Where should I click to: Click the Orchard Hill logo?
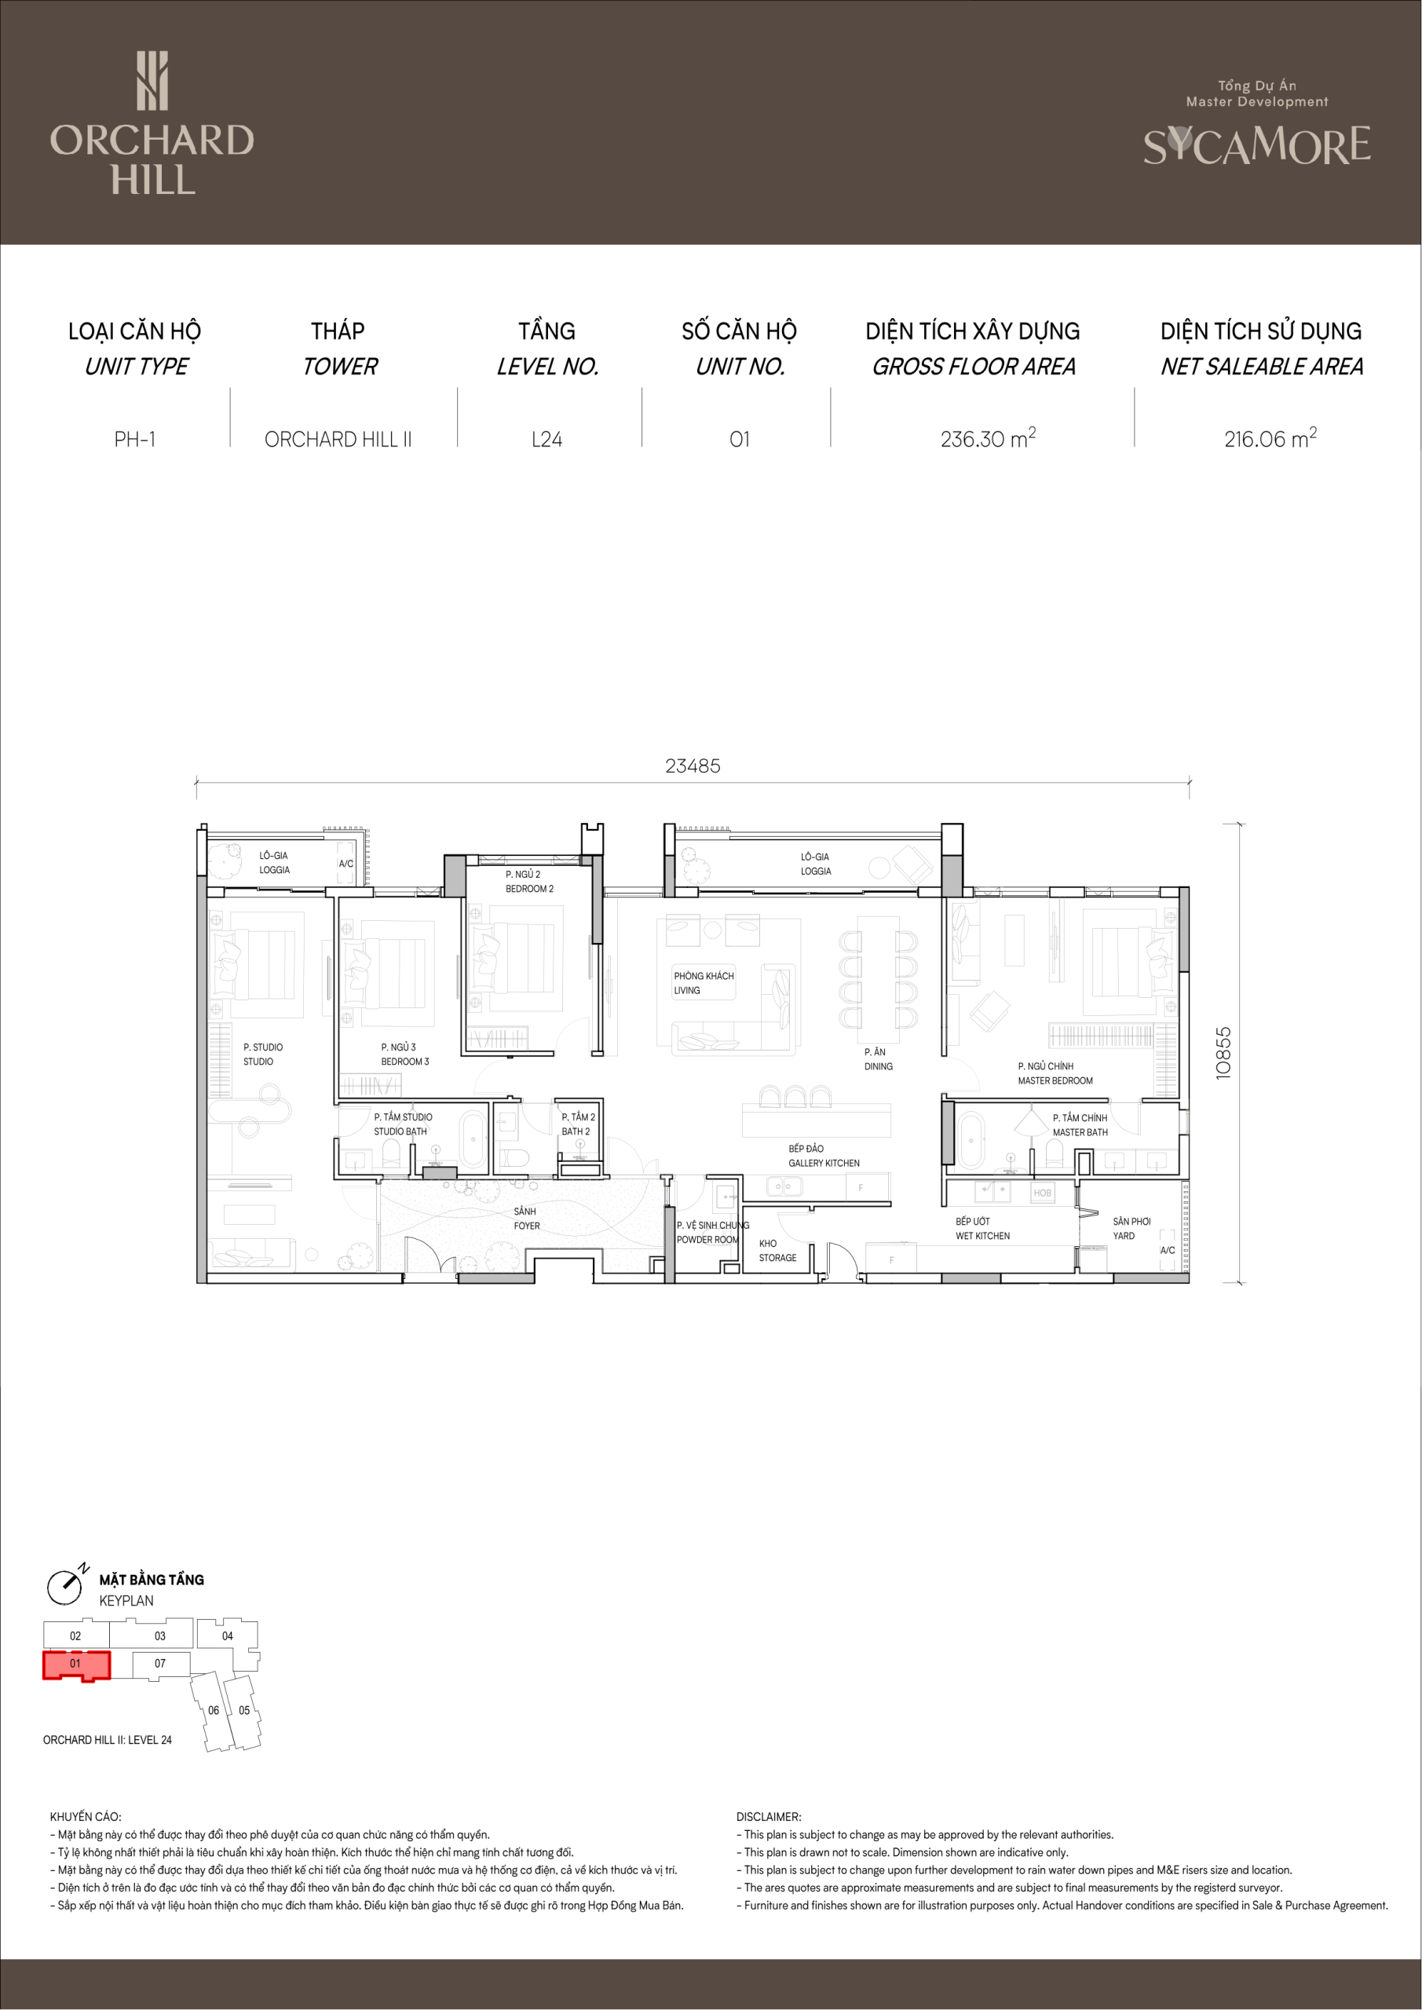[152, 122]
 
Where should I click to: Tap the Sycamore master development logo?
[1256, 125]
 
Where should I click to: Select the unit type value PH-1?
[135, 440]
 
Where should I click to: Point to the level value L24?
[547, 440]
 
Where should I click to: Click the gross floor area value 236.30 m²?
[988, 437]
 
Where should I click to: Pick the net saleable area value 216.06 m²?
[1270, 437]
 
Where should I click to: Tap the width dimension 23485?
[693, 766]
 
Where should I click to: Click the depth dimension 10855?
[1223, 1052]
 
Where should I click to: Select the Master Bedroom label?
[1055, 1073]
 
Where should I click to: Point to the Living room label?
[704, 983]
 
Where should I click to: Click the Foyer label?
[526, 1219]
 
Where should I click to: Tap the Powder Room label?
[712, 1233]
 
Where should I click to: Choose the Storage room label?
[777, 1250]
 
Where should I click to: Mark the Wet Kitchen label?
[982, 1228]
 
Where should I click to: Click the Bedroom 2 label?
[529, 882]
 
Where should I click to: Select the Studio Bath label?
[403, 1124]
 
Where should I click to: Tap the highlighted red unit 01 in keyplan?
[76, 1665]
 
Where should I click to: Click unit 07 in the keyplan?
[160, 1663]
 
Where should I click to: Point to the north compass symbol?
[67, 1585]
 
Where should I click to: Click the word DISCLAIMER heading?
[769, 1817]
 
